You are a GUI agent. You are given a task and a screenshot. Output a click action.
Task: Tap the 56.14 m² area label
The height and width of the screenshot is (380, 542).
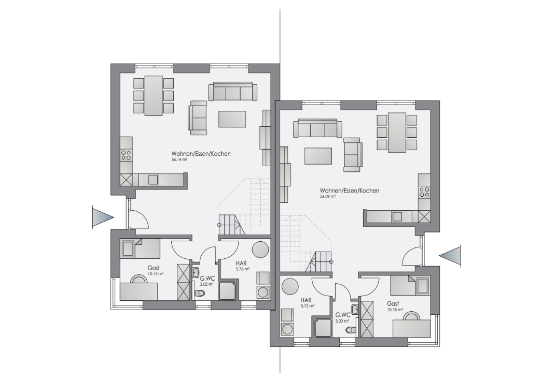pyautogui.click(x=179, y=160)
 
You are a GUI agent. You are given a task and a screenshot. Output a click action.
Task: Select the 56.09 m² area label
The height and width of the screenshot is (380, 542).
pyautogui.click(x=328, y=196)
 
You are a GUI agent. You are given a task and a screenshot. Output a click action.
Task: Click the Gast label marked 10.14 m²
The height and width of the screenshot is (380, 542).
pyautogui.click(x=154, y=268)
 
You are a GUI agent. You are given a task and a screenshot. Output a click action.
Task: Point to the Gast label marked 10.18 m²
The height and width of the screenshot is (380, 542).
pyautogui.click(x=393, y=304)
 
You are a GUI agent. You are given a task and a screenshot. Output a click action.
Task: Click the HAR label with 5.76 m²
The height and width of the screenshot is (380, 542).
pyautogui.click(x=241, y=264)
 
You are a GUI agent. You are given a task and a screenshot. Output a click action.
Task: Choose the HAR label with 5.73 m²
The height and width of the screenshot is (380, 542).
pyautogui.click(x=306, y=300)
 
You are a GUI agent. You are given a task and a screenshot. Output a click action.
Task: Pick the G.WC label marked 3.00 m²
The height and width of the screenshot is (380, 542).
pyautogui.click(x=343, y=315)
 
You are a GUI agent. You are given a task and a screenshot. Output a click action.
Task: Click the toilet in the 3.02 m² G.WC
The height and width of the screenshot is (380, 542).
pyautogui.click(x=200, y=294)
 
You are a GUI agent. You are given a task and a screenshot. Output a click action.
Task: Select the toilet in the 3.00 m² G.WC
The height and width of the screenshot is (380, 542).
pyautogui.click(x=351, y=330)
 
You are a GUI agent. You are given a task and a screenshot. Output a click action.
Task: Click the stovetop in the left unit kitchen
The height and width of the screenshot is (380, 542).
pyautogui.click(x=126, y=155)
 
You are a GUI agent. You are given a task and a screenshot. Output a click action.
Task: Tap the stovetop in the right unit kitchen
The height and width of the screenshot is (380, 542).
pyautogui.click(x=424, y=192)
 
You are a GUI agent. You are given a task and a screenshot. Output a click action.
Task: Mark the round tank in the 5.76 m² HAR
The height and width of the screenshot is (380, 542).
pyautogui.click(x=260, y=249)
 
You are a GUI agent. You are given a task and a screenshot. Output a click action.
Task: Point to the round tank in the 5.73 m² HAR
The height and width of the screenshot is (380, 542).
pyautogui.click(x=289, y=286)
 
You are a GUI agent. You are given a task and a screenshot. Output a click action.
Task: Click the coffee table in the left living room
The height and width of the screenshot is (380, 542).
pyautogui.click(x=232, y=119)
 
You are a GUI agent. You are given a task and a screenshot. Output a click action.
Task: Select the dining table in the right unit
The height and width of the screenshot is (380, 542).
pyautogui.click(x=397, y=132)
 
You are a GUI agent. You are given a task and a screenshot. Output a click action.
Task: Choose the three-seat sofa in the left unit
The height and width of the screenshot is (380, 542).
pyautogui.click(x=233, y=92)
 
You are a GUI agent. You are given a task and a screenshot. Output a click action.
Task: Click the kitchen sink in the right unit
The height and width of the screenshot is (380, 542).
pyautogui.click(x=397, y=216)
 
